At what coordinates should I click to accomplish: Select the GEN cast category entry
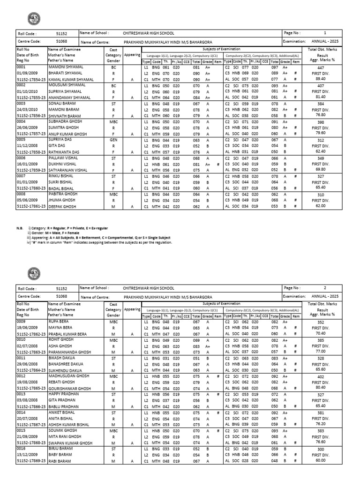pos(113,139)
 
